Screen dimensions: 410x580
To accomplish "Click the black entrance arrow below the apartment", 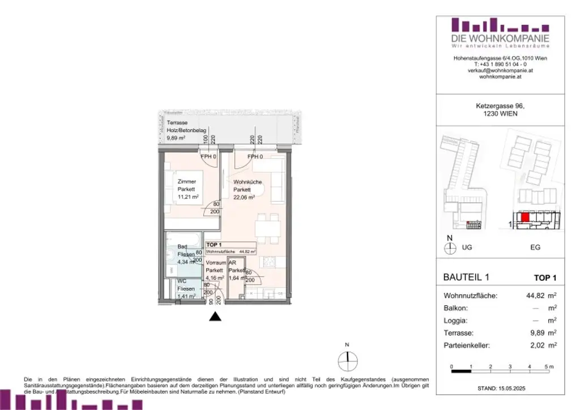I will click(215, 317).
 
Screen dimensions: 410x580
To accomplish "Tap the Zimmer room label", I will click(187, 182).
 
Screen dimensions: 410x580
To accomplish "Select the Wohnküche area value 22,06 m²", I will click(244, 197).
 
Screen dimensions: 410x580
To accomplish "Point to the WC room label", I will click(182, 281).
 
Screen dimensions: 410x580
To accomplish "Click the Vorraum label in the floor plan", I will click(214, 263).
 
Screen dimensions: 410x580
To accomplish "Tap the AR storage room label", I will click(232, 263).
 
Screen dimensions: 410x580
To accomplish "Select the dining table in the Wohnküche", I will click(267, 228).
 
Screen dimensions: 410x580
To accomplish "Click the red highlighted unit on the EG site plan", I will click(525, 217).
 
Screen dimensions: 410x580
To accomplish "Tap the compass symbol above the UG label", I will click(450, 247).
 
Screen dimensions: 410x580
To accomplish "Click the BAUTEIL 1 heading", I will click(466, 277).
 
